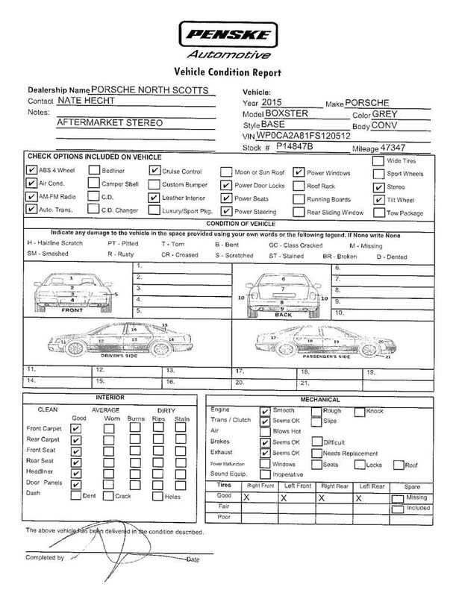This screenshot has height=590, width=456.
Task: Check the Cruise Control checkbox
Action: pos(154,170)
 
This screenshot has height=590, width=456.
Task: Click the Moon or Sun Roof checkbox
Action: pos(226,170)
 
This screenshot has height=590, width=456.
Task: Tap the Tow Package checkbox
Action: pos(378,213)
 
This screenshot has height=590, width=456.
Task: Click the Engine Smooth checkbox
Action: pos(264,410)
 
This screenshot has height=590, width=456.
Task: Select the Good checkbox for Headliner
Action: pos(75,473)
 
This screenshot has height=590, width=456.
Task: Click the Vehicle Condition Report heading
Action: pos(227,72)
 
